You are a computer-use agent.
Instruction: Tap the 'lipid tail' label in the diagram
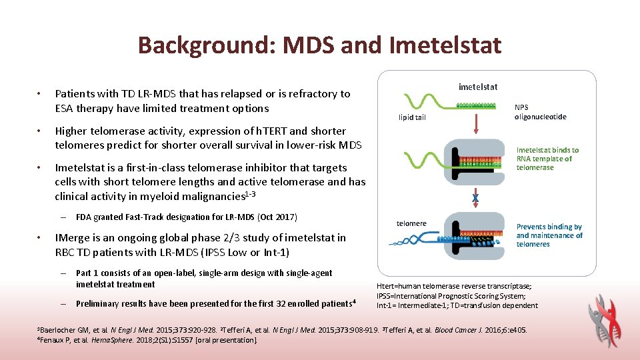[412, 117]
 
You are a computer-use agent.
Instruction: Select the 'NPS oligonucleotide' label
[540, 111]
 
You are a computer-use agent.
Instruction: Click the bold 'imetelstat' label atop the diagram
[478, 87]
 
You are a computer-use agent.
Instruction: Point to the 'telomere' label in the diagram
[411, 223]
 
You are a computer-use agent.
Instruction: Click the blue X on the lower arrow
[475, 198]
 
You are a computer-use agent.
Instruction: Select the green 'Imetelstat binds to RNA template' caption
[547, 159]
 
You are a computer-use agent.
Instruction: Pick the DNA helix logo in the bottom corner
[607, 321]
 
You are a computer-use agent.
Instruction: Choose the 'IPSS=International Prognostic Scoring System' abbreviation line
[451, 296]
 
